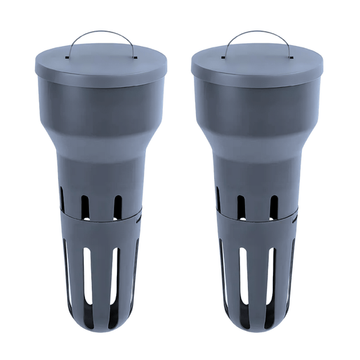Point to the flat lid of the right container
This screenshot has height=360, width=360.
[258, 60]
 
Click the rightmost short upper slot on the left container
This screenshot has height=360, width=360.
[118, 207]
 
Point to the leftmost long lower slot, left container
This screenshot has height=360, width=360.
[65, 270]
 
